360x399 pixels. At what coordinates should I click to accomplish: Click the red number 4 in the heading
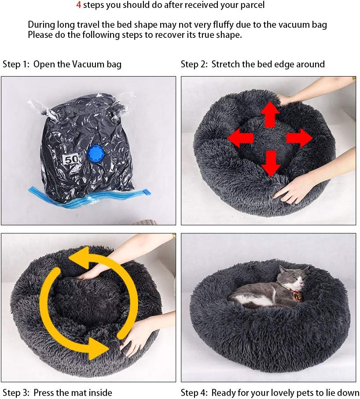79,5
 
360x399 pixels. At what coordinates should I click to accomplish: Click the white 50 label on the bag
72,159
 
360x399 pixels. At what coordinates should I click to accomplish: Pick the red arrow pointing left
240,138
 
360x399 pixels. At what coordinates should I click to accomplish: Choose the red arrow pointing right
299,138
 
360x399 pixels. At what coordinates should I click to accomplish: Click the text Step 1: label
16,64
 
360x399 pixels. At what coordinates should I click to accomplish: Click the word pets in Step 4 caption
309,393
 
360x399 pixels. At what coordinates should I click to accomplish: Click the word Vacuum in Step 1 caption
88,64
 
